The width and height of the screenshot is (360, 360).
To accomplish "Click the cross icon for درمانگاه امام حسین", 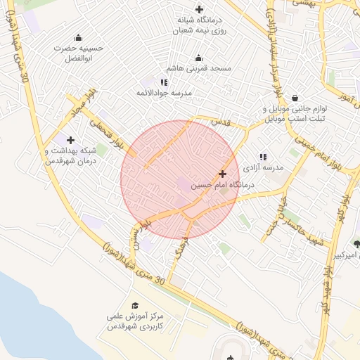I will pyautogui.click(x=223, y=173).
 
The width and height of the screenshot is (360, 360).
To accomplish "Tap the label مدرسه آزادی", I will pyautogui.click(x=263, y=168).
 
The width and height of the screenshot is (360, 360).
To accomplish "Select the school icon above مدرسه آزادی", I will pyautogui.click(x=263, y=157).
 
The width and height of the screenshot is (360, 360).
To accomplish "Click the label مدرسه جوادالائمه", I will pyautogui.click(x=164, y=93).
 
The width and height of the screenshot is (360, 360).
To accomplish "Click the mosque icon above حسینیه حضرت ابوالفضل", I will pyautogui.click(x=78, y=37).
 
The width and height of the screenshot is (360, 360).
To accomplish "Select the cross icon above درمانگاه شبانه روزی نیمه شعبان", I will pyautogui.click(x=200, y=9).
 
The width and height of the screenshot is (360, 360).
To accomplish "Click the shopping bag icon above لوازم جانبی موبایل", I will pyautogui.click(x=294, y=98).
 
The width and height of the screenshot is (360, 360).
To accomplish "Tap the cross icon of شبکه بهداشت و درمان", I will pyautogui.click(x=70, y=140).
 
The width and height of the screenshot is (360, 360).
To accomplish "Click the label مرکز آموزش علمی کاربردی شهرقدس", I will pyautogui.click(x=135, y=322).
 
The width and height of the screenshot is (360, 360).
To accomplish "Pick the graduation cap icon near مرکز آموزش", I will pyautogui.click(x=135, y=305).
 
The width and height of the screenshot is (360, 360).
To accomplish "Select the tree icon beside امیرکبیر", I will pyautogui.click(x=356, y=244).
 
